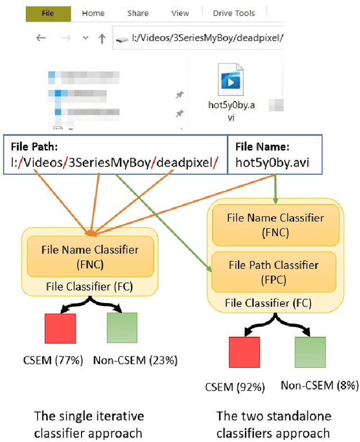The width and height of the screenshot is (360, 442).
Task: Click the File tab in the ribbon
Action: point(48,13)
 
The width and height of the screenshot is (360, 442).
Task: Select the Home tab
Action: point(93,13)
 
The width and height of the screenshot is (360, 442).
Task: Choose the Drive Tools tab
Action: point(233,13)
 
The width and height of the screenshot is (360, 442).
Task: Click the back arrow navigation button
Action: point(41,38)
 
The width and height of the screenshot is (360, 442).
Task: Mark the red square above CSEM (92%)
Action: point(244,352)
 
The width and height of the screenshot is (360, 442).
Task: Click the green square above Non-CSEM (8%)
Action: point(310,352)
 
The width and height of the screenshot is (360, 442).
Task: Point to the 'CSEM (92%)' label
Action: point(235,387)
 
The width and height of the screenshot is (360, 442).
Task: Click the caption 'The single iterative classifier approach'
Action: point(90,425)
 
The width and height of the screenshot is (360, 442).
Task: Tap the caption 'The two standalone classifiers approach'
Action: point(273,425)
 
